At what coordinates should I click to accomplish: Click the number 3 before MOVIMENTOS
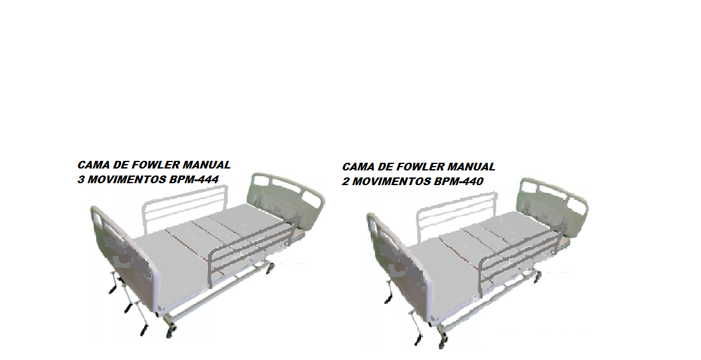click(80, 180)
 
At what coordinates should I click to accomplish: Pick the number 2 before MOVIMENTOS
click(345, 182)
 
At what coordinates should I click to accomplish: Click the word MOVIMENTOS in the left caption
click(126, 180)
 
